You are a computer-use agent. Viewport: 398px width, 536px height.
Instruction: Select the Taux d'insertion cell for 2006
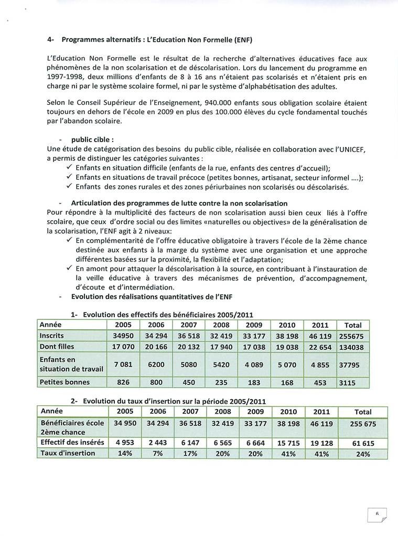pyautogui.click(x=158, y=453)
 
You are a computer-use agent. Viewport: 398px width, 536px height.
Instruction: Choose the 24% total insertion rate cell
pyautogui.click(x=363, y=454)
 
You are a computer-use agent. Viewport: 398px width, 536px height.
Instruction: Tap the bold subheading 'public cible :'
pyautogui.click(x=93, y=140)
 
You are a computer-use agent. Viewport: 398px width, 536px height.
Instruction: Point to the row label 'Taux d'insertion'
pyautogui.click(x=68, y=453)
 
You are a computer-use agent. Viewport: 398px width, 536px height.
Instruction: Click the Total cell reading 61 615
pyautogui.click(x=363, y=443)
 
